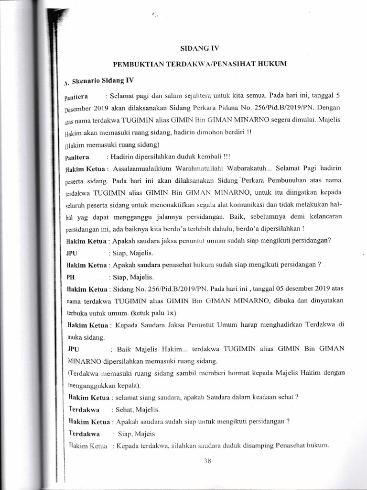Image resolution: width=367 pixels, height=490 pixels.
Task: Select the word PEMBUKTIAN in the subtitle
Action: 137,64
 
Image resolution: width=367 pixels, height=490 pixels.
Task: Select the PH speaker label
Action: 70,277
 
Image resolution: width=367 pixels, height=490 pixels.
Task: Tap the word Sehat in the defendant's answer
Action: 120,410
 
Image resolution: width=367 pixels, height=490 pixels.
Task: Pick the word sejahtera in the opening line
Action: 192,97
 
